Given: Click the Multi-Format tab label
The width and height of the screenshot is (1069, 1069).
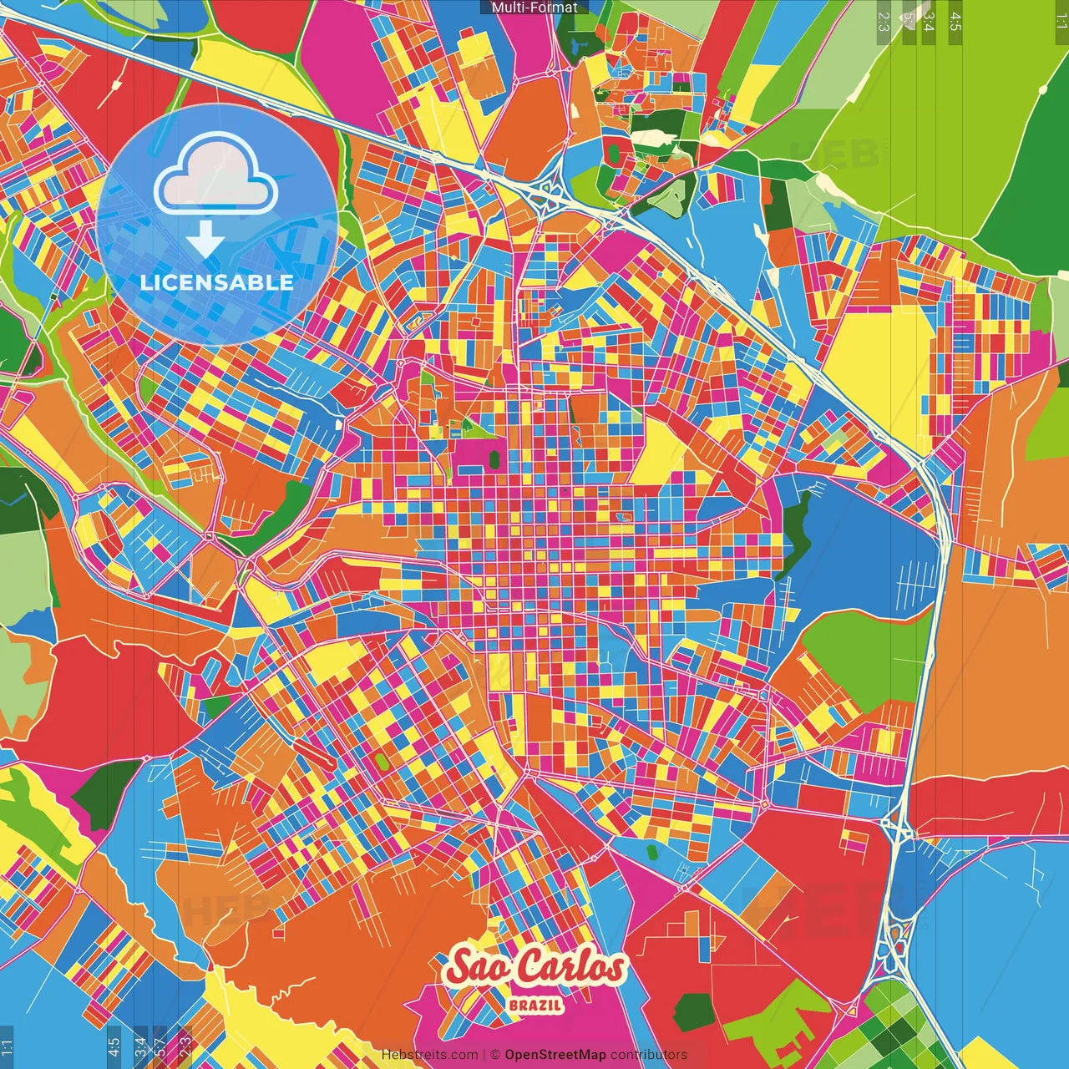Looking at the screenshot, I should (x=534, y=8).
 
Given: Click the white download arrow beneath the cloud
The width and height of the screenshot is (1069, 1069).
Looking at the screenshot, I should (x=205, y=241).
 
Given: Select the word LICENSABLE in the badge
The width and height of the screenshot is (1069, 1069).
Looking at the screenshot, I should (x=217, y=282).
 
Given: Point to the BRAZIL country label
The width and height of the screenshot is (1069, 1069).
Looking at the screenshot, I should (x=535, y=1005).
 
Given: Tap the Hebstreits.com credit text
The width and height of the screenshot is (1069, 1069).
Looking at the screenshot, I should (x=429, y=1055).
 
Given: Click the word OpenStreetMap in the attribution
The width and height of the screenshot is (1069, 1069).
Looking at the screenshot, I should (x=555, y=1055).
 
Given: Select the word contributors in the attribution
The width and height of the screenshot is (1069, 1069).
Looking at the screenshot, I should (x=649, y=1055).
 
